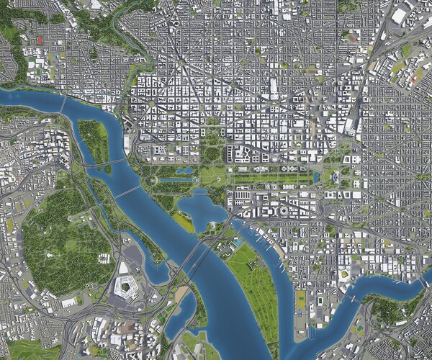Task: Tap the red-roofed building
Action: (x=40, y=40)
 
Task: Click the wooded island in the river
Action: (x=93, y=140)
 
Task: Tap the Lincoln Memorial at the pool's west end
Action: (x=153, y=179)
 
